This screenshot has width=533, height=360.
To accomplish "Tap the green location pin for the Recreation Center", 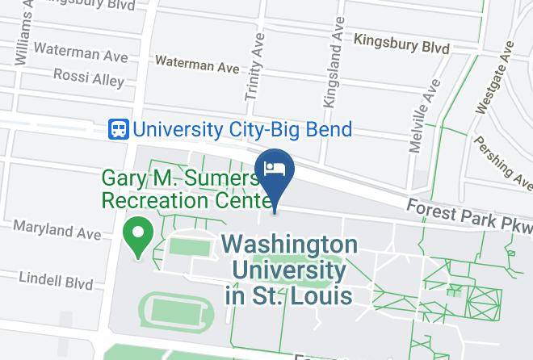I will [x=138, y=236].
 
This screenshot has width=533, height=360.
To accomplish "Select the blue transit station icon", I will [x=119, y=128].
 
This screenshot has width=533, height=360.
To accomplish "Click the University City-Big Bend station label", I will [x=241, y=128].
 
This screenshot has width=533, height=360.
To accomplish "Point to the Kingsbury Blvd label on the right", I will [x=401, y=44].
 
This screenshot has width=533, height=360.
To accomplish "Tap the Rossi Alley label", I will [x=89, y=77].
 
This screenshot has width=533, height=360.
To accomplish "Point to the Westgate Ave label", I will [x=494, y=81].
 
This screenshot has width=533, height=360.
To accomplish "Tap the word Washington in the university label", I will [x=289, y=245].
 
